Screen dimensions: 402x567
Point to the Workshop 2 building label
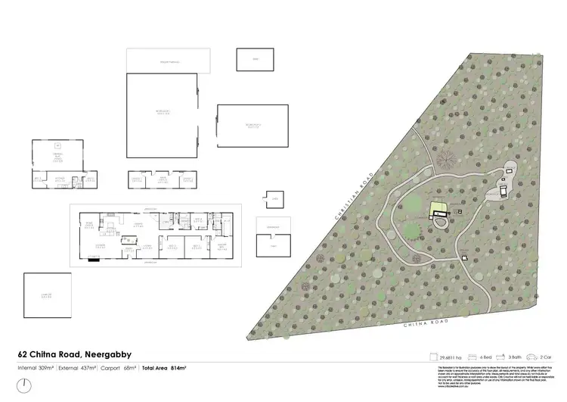coord(253,126)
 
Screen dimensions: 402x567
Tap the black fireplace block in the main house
coord(95,258)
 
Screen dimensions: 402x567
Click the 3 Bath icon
coord(512,356)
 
